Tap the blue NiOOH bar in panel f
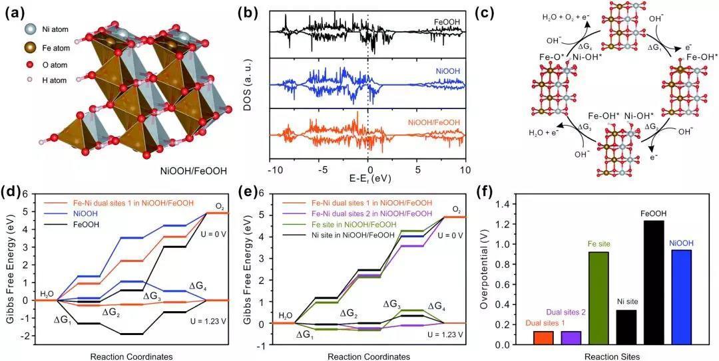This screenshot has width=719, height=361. click(x=681, y=297)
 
